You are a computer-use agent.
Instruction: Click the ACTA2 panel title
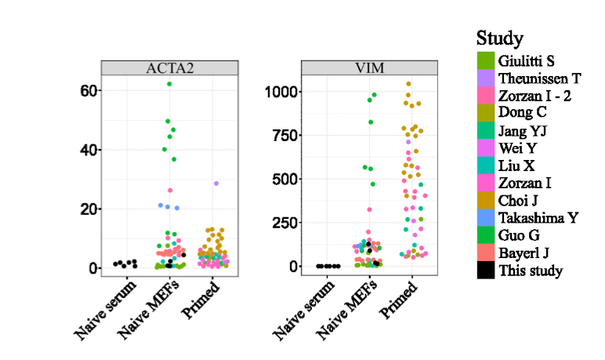(x=168, y=68)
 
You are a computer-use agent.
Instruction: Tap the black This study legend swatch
(x=484, y=271)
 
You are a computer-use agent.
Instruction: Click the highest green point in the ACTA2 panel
(x=168, y=84)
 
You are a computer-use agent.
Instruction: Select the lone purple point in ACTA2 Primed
(x=216, y=184)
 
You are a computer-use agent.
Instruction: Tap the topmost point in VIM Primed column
(x=408, y=84)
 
